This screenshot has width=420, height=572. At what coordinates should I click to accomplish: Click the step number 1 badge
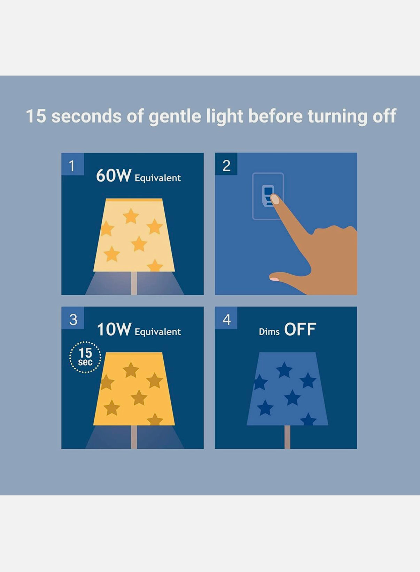[x=72, y=164]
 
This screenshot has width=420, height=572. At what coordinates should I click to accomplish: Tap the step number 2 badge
[x=226, y=164]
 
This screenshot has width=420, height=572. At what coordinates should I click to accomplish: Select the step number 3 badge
[x=72, y=318]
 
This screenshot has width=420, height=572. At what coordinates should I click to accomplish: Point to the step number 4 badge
[x=226, y=318]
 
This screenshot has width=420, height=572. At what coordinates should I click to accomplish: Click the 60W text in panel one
[x=114, y=175]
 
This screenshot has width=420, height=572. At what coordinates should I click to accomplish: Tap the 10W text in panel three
[x=114, y=329]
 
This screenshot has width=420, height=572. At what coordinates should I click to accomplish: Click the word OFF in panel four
[x=300, y=329]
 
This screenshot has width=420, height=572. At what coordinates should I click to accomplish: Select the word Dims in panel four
[x=269, y=332]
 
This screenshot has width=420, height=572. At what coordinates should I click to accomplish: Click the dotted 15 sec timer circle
[x=85, y=357]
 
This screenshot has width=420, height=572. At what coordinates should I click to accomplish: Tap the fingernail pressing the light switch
[x=275, y=199]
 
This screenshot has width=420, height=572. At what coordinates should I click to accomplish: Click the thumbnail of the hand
[x=274, y=279]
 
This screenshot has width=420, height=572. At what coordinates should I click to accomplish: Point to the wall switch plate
[x=268, y=196]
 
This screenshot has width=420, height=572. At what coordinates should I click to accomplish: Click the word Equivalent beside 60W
[x=158, y=178]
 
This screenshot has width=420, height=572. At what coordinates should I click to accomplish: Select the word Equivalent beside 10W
[x=158, y=332]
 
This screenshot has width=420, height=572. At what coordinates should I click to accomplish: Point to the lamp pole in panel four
[x=287, y=437]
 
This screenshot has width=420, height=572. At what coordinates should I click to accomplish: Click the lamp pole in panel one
[x=134, y=283]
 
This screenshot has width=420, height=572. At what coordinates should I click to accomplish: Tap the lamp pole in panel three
[x=134, y=437]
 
